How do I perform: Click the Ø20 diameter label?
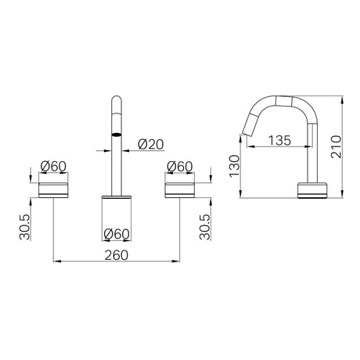tap(150, 144)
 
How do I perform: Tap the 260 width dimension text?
tap(117, 255)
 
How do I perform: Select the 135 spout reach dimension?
tap(279, 140)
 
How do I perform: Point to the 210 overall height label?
tap(336, 146)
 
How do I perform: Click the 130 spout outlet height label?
tap(234, 166)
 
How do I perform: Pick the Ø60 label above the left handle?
tap(53, 166)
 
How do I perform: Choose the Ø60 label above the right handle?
tap(180, 166)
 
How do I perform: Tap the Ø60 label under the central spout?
tap(117, 234)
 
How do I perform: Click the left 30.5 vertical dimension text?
tap(25, 227)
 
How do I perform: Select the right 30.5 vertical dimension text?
tap(205, 227)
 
